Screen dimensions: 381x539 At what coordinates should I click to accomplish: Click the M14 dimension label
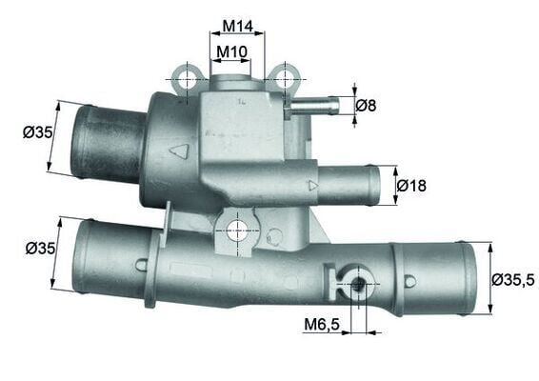pos(236,26)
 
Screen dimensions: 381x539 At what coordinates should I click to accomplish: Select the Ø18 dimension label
pos(411,186)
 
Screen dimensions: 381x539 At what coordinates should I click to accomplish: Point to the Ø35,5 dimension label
pos(513,279)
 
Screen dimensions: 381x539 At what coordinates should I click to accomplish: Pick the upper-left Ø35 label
pos(39,132)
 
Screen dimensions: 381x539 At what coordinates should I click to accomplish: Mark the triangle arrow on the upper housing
pos(178,150)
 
